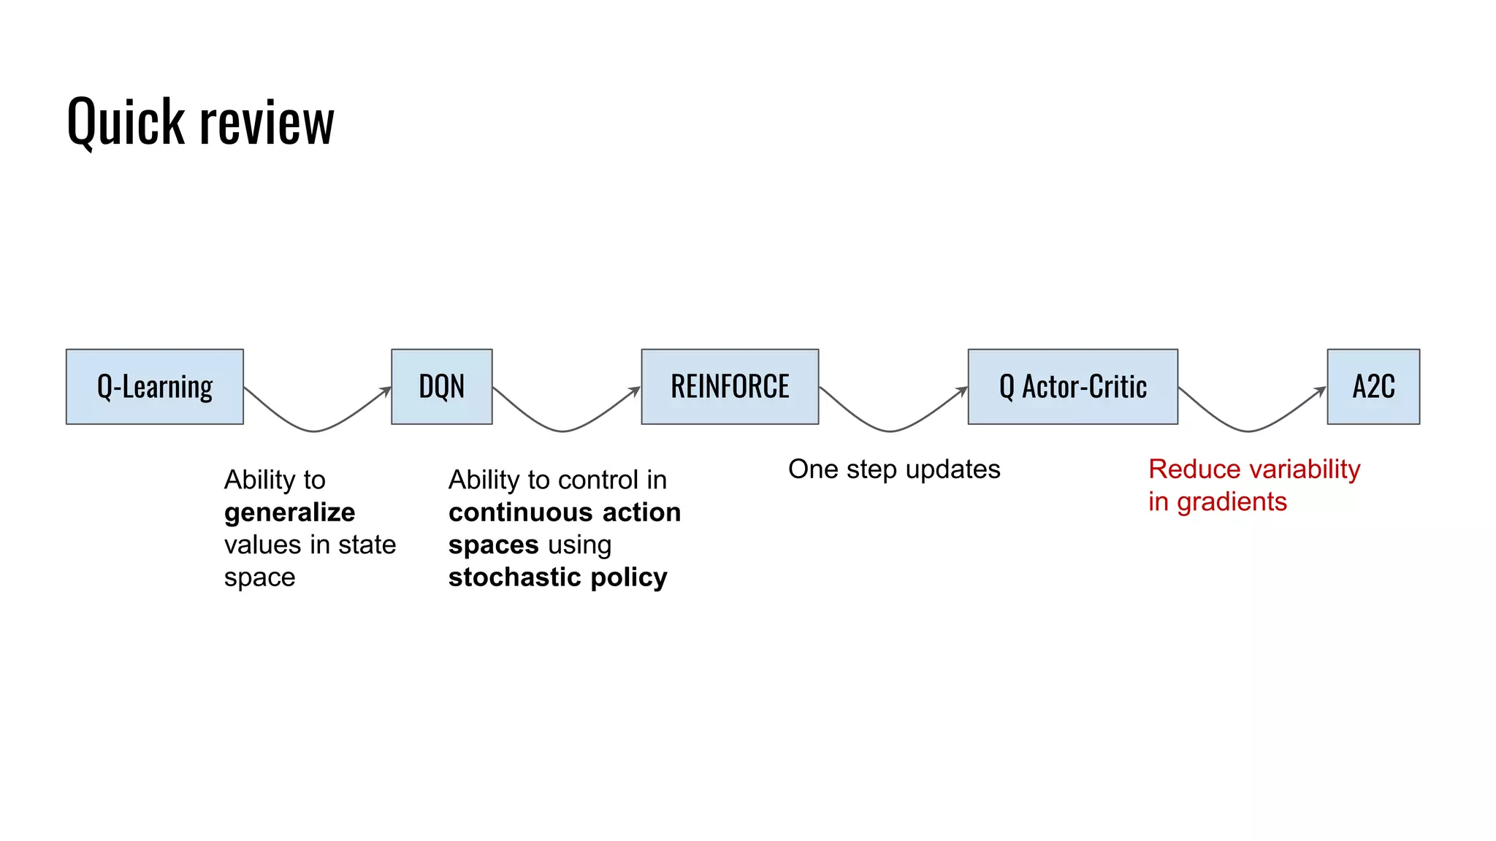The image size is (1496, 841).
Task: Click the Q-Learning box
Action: (155, 386)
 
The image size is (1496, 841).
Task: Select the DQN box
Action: (441, 386)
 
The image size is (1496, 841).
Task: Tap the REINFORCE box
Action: (730, 386)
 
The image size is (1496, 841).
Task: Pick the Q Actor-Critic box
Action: (1072, 386)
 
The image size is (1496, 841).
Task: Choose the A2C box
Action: (1373, 386)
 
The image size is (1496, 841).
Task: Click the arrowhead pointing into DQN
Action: (386, 391)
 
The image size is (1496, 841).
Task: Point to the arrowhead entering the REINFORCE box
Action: (636, 391)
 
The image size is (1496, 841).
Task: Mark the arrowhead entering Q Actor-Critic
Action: (963, 391)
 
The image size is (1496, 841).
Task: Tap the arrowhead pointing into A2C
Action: (1321, 391)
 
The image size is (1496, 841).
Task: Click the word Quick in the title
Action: (126, 122)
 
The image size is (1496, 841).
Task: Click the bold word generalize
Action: (289, 512)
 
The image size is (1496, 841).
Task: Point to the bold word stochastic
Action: (515, 577)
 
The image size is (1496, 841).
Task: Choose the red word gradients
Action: (1232, 502)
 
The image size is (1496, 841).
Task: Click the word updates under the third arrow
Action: (952, 469)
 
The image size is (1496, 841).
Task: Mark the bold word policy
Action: (629, 577)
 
